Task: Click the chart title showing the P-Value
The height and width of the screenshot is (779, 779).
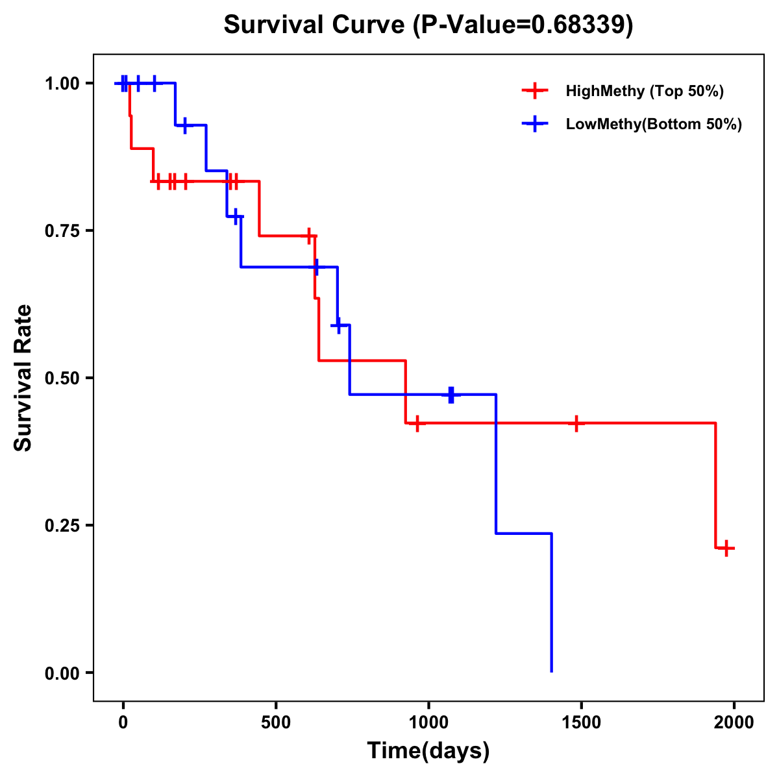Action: [428, 25]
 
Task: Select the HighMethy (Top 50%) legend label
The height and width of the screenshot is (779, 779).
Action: [644, 91]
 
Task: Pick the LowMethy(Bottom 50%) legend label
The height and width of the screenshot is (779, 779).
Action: [654, 124]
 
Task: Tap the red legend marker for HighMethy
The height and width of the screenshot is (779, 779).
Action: [535, 91]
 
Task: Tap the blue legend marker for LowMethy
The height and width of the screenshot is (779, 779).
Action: [535, 124]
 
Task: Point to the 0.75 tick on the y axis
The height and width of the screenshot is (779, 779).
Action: [64, 231]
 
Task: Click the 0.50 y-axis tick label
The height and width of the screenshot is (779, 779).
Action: [64, 378]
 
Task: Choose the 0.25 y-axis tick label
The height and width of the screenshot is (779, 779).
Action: [64, 526]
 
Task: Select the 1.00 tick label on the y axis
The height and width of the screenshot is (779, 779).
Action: [64, 84]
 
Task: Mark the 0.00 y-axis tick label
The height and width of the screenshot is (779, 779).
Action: [64, 673]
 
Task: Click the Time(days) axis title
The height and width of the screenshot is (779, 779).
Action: [428, 751]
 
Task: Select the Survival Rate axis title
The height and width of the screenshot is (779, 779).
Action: [23, 378]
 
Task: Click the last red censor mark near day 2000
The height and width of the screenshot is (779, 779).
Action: [726, 548]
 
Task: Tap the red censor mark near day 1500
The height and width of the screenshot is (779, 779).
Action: [576, 423]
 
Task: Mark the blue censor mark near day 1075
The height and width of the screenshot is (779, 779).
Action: [451, 394]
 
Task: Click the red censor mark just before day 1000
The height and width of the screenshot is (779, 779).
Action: [417, 423]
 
